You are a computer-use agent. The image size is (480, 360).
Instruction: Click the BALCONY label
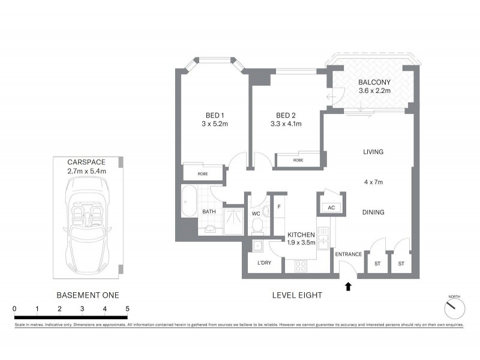click(374, 82)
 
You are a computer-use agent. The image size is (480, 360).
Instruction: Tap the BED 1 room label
click(212, 115)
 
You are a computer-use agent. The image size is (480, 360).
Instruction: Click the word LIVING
click(373, 152)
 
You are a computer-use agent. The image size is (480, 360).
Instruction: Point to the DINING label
click(373, 212)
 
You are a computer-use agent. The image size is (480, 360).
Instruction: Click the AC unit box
click(331, 208)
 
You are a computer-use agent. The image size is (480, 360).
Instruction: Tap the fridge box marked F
click(279, 207)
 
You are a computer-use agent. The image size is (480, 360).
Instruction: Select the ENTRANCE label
click(348, 254)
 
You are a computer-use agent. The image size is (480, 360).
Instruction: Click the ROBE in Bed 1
click(203, 174)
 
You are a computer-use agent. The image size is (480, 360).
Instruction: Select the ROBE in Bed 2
click(298, 160)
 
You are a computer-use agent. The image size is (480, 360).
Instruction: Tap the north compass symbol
click(454, 308)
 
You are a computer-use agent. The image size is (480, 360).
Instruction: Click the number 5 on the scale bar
click(127, 308)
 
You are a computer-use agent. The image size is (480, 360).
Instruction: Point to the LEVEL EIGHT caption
click(297, 295)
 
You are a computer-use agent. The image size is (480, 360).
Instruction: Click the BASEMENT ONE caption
click(88, 295)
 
